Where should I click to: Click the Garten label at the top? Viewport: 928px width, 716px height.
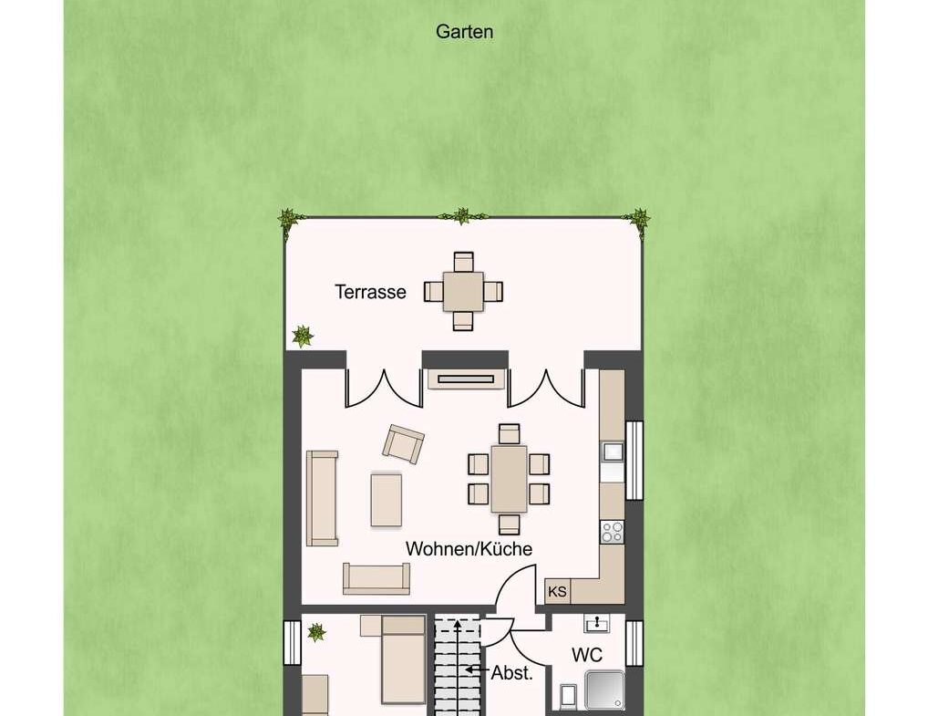(x=464, y=32)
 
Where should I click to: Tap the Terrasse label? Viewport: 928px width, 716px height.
(x=370, y=293)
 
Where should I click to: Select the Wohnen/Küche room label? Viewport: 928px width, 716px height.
(x=469, y=549)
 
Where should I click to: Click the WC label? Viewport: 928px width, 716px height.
(x=586, y=656)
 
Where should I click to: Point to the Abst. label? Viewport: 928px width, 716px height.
(x=511, y=673)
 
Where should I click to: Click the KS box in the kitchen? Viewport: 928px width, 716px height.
(x=557, y=592)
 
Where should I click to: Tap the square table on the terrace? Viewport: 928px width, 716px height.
(x=464, y=291)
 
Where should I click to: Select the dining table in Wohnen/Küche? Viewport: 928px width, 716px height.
(x=509, y=479)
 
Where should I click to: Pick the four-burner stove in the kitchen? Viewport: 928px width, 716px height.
(x=612, y=531)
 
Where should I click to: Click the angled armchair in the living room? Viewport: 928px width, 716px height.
(x=403, y=443)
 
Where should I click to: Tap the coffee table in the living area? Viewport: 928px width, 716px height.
(x=387, y=498)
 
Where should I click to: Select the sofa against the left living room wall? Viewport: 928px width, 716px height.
(x=322, y=498)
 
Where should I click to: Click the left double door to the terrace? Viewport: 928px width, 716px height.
(x=384, y=388)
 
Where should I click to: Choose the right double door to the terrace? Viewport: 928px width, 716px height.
(x=545, y=388)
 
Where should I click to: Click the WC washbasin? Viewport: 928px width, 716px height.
(x=597, y=624)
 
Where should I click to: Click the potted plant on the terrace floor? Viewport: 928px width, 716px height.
(x=302, y=337)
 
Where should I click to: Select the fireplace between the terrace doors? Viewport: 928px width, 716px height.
(x=466, y=379)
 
